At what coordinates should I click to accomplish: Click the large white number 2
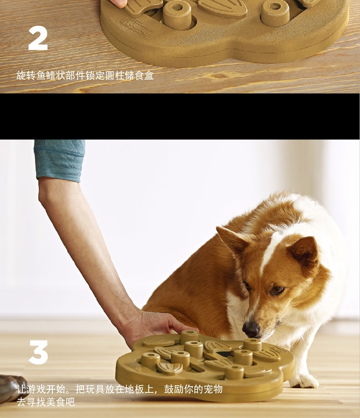coord(38,39)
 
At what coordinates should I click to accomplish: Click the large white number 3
coord(38,352)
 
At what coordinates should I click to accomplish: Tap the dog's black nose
coord(251,330)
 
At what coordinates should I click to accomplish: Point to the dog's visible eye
coord(278,290)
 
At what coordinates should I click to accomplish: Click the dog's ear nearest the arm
coord(232,240)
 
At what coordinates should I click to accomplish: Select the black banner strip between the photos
coord(180,116)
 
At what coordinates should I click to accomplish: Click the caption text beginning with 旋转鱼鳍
coord(85,76)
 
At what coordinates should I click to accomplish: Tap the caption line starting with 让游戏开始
coord(119,389)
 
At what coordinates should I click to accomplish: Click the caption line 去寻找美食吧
coord(46,402)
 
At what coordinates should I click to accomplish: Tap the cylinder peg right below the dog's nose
coord(252,345)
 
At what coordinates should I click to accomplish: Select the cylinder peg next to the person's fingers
coord(190,336)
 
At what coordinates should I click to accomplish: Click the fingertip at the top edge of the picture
coord(119,3)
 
